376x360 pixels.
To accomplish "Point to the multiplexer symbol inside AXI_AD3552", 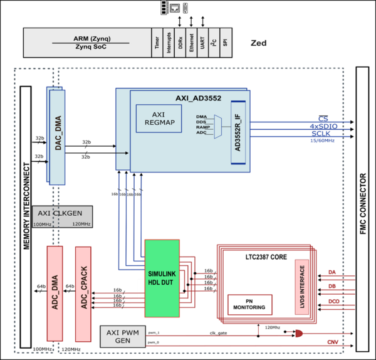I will pos(217,126).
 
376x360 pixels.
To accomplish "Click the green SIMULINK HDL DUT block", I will pos(162,278).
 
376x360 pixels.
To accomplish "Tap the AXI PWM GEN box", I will pos(122,337).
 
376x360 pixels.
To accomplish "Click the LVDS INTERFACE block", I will pos(302,286).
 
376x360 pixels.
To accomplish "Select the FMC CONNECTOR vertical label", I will pos(363,203).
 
